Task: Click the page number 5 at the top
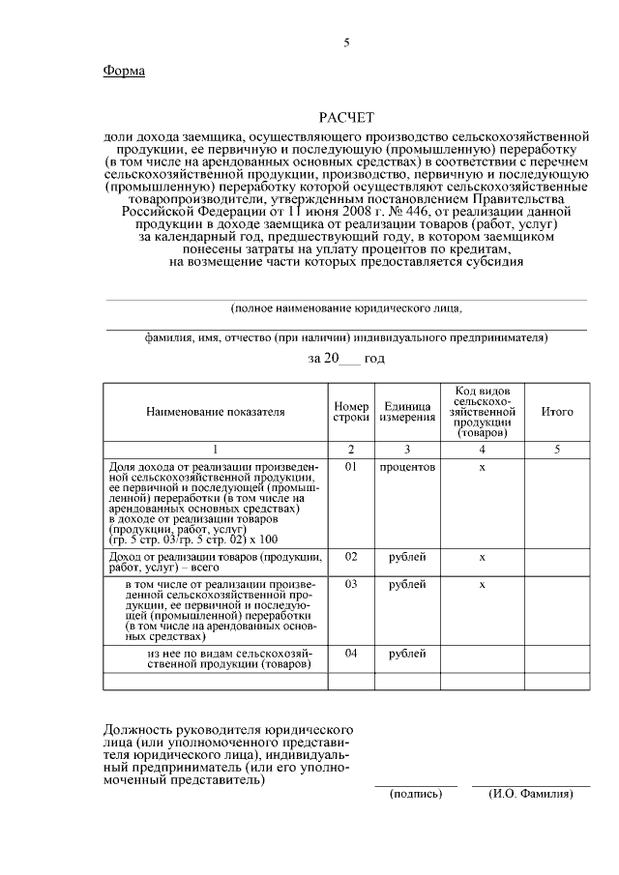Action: [345, 43]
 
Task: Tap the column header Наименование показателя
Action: [216, 412]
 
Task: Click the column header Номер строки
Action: [351, 412]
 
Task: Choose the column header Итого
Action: [556, 412]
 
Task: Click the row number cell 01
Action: [351, 467]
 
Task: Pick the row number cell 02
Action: [351, 558]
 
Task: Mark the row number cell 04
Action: [351, 655]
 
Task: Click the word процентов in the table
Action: [407, 467]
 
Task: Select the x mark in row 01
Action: [482, 467]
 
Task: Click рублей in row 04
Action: [407, 655]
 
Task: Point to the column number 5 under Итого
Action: [556, 450]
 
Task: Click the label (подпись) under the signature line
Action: [416, 794]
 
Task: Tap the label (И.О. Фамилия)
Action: [531, 794]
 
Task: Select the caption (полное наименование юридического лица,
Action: [346, 309]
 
